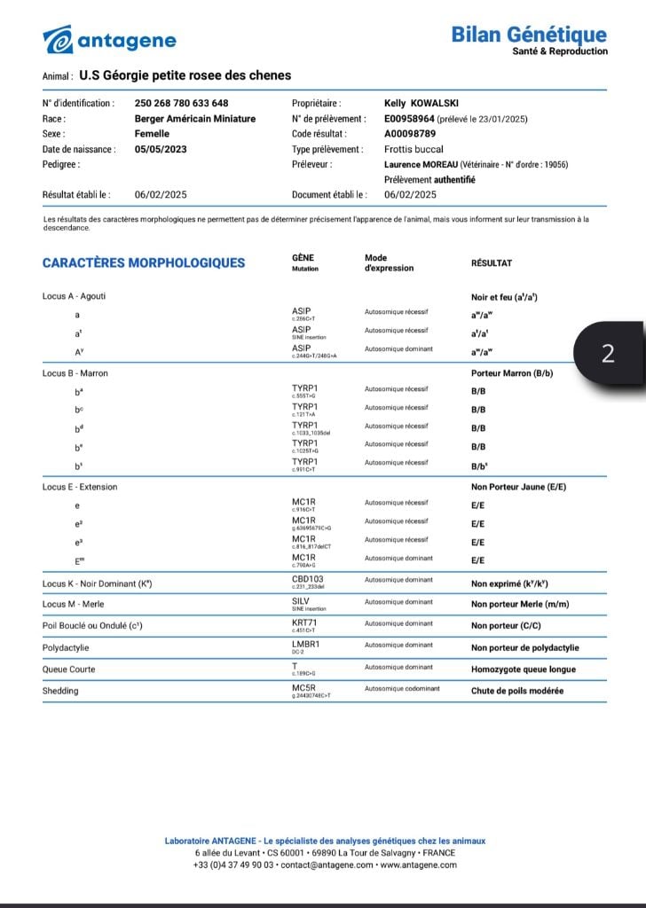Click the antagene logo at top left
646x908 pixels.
click(x=110, y=40)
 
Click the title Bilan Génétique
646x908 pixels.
click(x=529, y=35)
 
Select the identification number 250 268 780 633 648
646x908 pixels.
click(x=181, y=104)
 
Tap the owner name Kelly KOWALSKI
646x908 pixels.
click(x=421, y=104)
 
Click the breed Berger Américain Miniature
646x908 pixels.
click(x=194, y=119)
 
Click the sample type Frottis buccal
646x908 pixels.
click(x=414, y=149)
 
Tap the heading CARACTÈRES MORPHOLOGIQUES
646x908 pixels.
click(x=144, y=262)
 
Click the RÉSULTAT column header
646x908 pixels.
click(x=491, y=263)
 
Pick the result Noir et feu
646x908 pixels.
click(x=504, y=297)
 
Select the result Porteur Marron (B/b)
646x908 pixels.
click(x=512, y=373)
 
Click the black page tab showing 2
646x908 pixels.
click(x=608, y=354)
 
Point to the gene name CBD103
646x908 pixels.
click(x=307, y=579)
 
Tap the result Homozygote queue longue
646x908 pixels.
click(x=524, y=669)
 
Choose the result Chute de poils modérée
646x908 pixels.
click(x=517, y=691)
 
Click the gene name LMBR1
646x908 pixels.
click(x=305, y=645)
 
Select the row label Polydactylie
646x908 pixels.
click(x=66, y=648)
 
